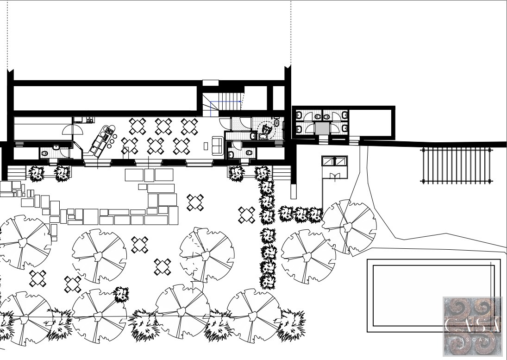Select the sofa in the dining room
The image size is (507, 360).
coord(217,145)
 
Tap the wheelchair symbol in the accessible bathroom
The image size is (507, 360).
coord(266,129)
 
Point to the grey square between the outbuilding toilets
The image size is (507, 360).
coord(322,128)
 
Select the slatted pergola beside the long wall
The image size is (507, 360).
coord(456,165)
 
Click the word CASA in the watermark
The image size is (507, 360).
coord(472,324)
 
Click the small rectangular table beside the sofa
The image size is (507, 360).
coord(206,146)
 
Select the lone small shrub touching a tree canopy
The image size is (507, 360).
coord(122,294)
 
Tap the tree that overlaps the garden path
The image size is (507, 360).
coord(349,227)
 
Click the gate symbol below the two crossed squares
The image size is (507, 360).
coord(335,176)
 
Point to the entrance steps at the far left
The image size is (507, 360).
coord(17,173)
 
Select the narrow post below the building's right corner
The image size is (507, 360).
coord(294,191)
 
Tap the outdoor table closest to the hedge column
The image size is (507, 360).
coord(247,215)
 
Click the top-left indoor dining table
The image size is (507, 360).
coord(138,126)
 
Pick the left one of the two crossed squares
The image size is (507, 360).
coord(329,161)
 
